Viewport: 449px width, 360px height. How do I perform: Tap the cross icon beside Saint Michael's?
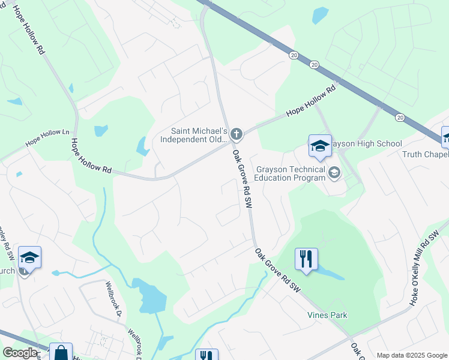coord(237,133)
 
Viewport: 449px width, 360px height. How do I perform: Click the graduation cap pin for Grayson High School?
coord(320,146)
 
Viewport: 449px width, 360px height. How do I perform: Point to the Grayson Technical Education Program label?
coord(290,173)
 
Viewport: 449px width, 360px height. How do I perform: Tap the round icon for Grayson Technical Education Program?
coord(334,173)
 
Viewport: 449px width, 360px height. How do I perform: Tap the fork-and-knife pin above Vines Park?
coord(306,259)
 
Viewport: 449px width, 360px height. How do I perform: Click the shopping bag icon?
coord(61,353)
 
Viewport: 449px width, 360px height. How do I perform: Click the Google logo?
coord(20,353)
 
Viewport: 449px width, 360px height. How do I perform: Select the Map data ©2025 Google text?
coord(411,355)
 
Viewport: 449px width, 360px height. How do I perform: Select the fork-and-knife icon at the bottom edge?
coord(206,355)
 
